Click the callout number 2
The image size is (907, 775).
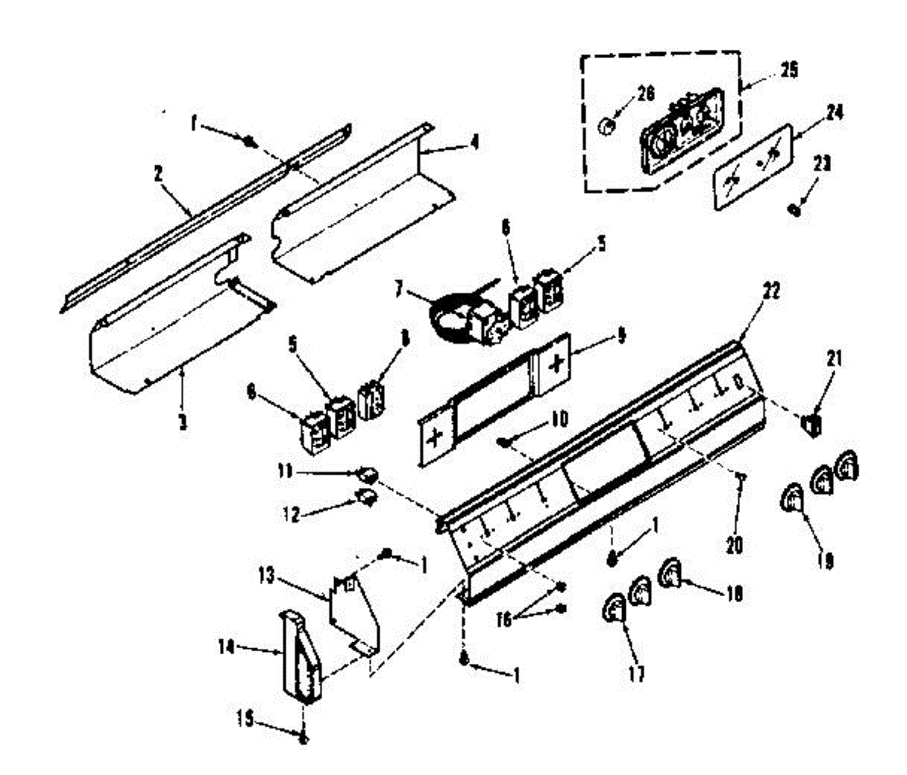pos(158,173)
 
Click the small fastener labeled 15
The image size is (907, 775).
pos(303,739)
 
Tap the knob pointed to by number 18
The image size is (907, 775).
pos(670,575)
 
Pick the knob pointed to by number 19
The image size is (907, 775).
pos(792,499)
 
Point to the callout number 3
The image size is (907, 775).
pos(181,422)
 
